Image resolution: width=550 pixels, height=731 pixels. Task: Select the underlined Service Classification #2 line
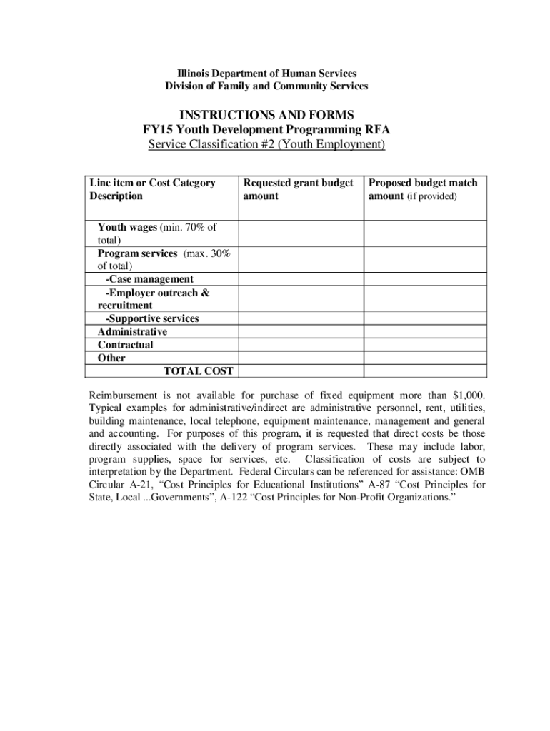click(x=266, y=145)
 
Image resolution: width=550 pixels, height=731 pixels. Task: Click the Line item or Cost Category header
click(x=152, y=189)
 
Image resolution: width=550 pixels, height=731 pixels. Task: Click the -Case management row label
click(x=149, y=279)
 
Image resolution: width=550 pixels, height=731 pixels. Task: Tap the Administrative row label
click(x=132, y=332)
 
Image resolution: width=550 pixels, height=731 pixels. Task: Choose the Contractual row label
click(x=125, y=345)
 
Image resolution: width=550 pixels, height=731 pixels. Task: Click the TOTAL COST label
click(x=198, y=371)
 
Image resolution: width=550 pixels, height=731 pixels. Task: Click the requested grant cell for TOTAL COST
click(x=301, y=371)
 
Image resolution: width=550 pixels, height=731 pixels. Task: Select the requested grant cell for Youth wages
click(x=301, y=233)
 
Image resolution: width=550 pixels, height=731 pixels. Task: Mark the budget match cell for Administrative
click(x=426, y=332)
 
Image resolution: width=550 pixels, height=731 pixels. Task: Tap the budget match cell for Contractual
click(x=426, y=345)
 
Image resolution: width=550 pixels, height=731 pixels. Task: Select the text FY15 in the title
click(x=159, y=130)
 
